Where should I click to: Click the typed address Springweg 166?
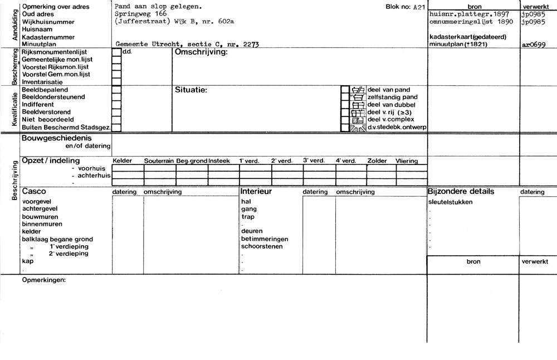point(140,13)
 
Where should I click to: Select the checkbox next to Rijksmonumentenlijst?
point(116,52)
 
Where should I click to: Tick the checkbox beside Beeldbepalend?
point(116,89)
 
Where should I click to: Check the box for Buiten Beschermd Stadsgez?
point(116,128)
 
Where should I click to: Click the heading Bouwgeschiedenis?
point(56,138)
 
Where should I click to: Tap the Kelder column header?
point(123,161)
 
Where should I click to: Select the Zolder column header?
point(377,161)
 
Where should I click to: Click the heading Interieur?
point(256,192)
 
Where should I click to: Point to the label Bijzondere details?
point(461,192)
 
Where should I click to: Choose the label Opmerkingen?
point(43,280)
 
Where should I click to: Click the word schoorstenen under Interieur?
point(262,246)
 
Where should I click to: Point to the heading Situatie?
point(191,90)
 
